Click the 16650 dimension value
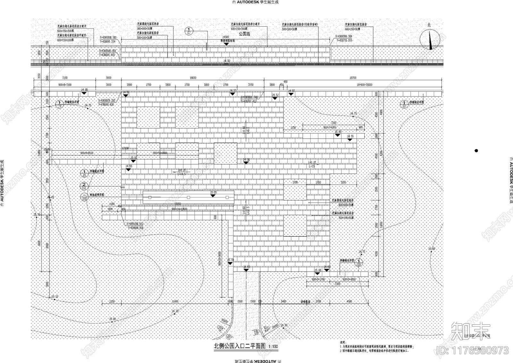193,78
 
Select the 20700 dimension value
353,78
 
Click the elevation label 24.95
84,90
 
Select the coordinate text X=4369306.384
344,37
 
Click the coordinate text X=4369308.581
108,38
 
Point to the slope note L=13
312,166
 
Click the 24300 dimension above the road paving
225,37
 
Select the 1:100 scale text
273,347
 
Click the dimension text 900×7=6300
328,127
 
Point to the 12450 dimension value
175,301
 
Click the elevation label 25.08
318,270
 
